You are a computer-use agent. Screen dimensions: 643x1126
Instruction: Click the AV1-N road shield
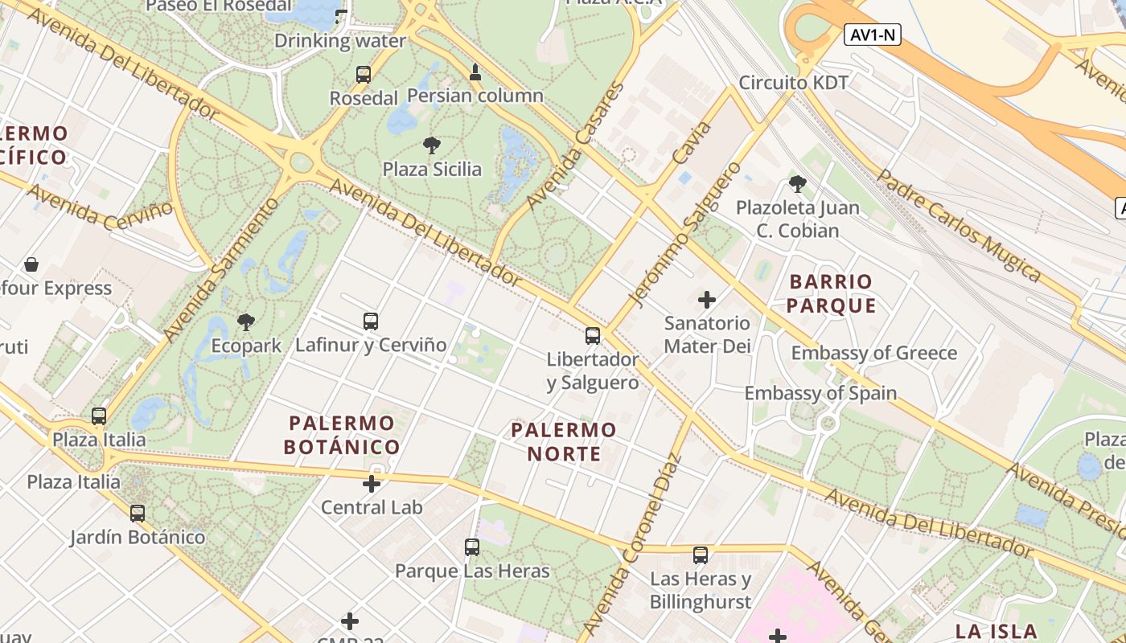[872, 35]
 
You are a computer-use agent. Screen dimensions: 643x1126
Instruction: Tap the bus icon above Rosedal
[364, 75]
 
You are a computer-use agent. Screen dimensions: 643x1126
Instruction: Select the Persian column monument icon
[475, 72]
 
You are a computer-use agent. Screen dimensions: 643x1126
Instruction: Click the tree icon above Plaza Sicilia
[432, 145]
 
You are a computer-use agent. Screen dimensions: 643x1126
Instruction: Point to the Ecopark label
[246, 346]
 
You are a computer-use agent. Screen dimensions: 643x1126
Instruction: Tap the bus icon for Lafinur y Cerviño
[371, 321]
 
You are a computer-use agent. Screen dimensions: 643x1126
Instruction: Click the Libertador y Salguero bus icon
[593, 336]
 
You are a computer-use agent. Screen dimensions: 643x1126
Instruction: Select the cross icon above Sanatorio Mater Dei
[707, 301]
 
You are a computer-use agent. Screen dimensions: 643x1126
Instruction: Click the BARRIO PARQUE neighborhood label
[831, 293]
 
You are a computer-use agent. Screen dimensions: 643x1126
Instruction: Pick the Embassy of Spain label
[820, 393]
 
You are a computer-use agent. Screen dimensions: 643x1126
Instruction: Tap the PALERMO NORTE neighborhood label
[564, 441]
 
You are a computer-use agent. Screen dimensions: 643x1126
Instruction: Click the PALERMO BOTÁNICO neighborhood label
[342, 435]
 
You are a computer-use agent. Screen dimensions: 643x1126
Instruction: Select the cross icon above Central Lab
[372, 484]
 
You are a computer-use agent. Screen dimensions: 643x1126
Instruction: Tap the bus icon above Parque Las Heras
[472, 547]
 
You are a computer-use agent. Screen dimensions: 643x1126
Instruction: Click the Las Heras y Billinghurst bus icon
[701, 555]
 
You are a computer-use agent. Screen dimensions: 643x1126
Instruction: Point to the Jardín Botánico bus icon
[138, 513]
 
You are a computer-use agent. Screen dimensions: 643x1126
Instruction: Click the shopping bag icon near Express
[31, 264]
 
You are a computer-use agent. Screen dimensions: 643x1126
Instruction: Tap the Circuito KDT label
[794, 83]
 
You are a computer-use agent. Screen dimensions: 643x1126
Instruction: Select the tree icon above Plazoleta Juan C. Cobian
[798, 184]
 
